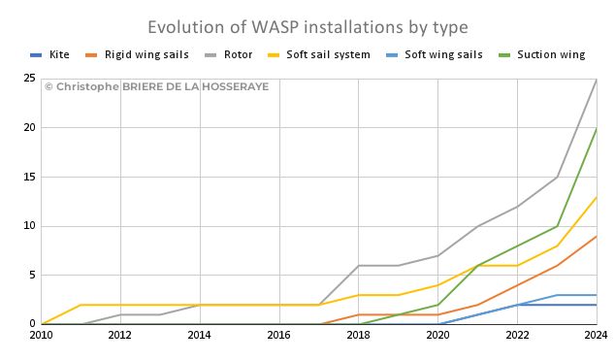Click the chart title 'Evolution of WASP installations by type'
[307, 27]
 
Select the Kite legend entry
[49, 54]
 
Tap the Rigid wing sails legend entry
[138, 54]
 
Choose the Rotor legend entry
[229, 54]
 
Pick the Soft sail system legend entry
[319, 54]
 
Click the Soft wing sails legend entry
[435, 54]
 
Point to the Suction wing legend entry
[541, 54]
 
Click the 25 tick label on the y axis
[29, 78]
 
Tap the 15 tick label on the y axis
[29, 177]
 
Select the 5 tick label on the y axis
[33, 275]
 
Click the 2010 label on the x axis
[41, 335]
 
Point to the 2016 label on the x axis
[278, 335]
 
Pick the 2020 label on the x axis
[437, 335]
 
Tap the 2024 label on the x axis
[597, 335]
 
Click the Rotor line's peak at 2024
[597, 79]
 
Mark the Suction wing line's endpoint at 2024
[597, 128]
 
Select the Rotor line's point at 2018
[358, 266]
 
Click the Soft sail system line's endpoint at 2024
[597, 197]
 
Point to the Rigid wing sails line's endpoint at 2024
[597, 236]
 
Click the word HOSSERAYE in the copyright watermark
[236, 86]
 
